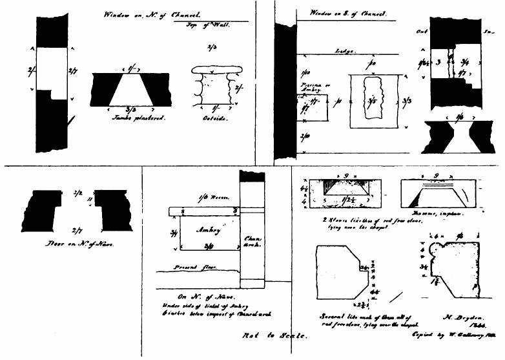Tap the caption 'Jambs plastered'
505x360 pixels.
[130, 118]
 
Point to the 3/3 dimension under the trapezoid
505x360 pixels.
[131, 110]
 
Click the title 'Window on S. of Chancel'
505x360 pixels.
[348, 13]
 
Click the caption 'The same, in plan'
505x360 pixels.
[442, 214]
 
